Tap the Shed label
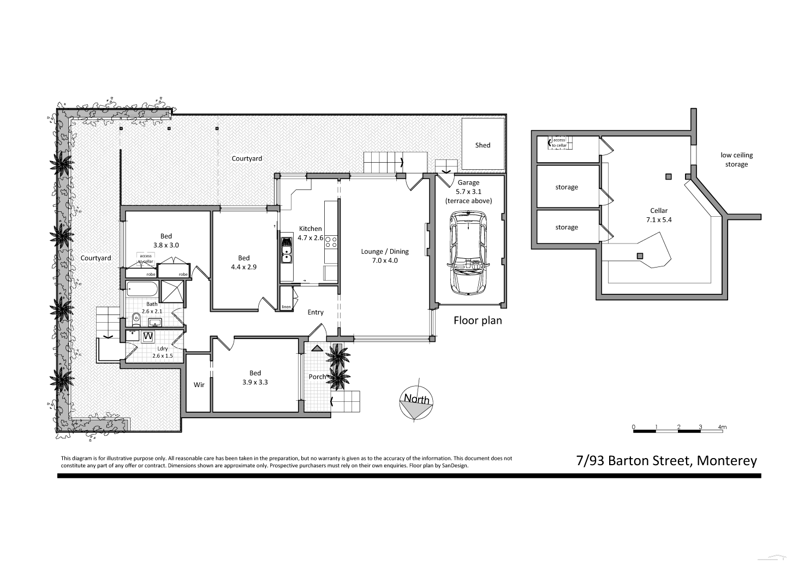(483, 145)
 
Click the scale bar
(677, 431)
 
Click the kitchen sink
(287, 251)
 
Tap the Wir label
(199, 385)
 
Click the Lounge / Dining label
(384, 256)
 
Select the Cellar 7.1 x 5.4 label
(658, 215)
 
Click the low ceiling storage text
(736, 159)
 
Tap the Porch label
(317, 377)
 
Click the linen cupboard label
(286, 307)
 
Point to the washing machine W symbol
(147, 336)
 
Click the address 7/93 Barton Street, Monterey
(666, 461)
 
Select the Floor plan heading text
(477, 321)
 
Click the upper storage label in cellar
(566, 187)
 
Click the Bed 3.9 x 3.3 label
(255, 378)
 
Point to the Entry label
(315, 312)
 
